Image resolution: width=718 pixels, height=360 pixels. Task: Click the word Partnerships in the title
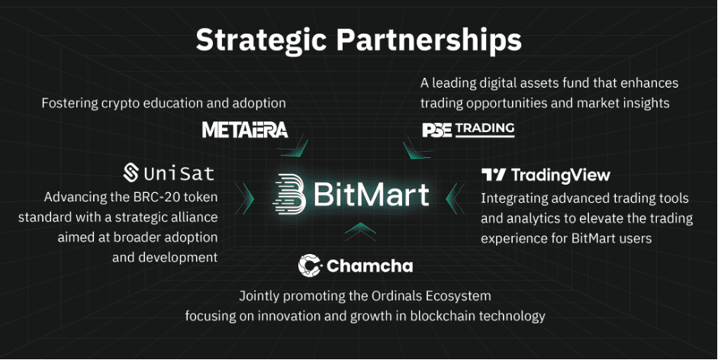click(x=429, y=40)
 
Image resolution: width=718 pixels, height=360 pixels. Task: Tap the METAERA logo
click(x=245, y=130)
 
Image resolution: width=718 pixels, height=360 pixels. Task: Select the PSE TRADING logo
click(x=468, y=130)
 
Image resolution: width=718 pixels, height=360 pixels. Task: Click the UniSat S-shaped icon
click(x=131, y=172)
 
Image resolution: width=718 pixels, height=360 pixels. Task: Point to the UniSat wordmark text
click(x=179, y=174)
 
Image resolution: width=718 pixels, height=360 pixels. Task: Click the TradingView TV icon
click(x=494, y=175)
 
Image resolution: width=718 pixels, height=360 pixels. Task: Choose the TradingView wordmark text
click(x=561, y=175)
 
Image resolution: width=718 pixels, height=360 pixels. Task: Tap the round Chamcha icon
click(x=309, y=265)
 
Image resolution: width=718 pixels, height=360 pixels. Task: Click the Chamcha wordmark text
click(x=370, y=265)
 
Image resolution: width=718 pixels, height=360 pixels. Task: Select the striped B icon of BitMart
click(x=289, y=194)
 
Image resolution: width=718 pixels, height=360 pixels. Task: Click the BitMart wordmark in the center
click(x=372, y=194)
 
